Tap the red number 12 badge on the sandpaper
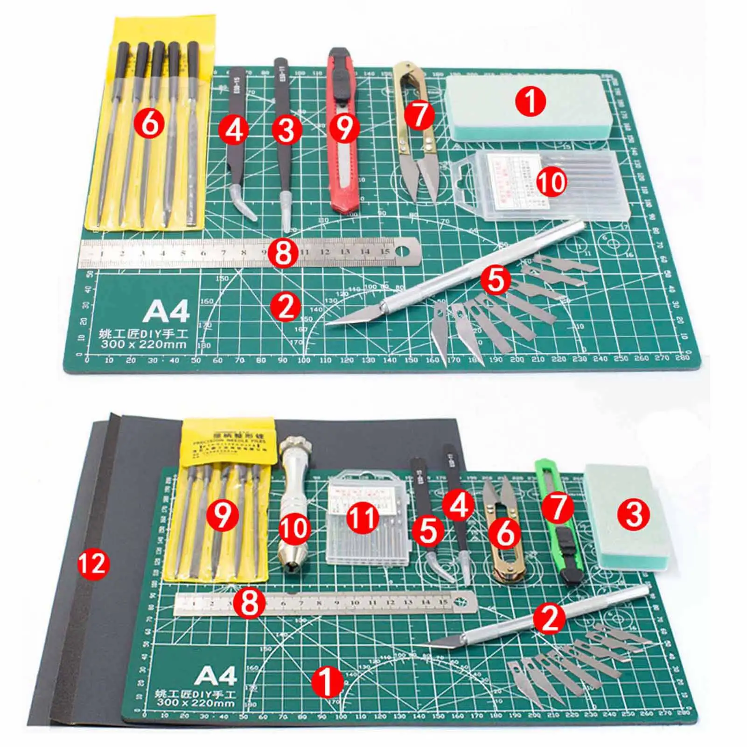(x=94, y=564)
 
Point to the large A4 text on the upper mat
(x=167, y=311)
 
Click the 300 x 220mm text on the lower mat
(x=195, y=703)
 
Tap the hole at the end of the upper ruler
(x=402, y=251)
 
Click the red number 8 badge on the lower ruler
(x=250, y=602)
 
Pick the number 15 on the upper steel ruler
(x=385, y=252)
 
